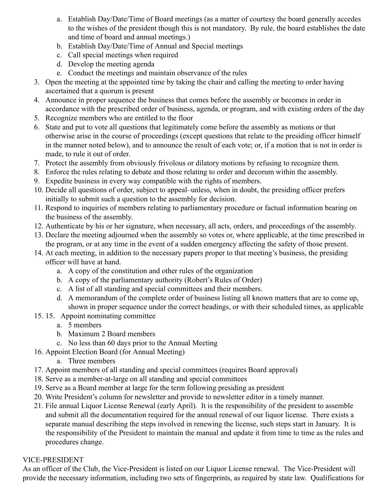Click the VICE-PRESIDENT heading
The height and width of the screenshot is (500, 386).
(x=53, y=460)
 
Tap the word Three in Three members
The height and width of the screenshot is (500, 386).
(x=77, y=361)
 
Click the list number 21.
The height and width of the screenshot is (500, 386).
(x=38, y=406)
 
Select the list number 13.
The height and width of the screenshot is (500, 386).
(x=38, y=235)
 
